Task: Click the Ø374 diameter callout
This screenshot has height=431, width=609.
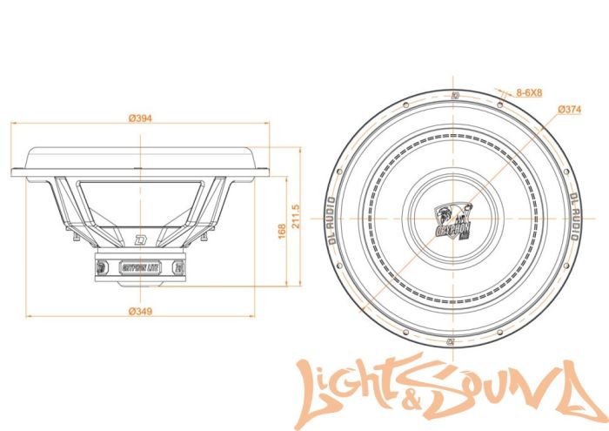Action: [570, 109]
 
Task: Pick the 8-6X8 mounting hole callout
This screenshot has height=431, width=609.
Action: [530, 91]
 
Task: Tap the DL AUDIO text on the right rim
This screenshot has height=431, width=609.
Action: [572, 213]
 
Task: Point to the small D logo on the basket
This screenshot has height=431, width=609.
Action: [139, 239]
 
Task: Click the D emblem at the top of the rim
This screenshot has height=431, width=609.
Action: [454, 95]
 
